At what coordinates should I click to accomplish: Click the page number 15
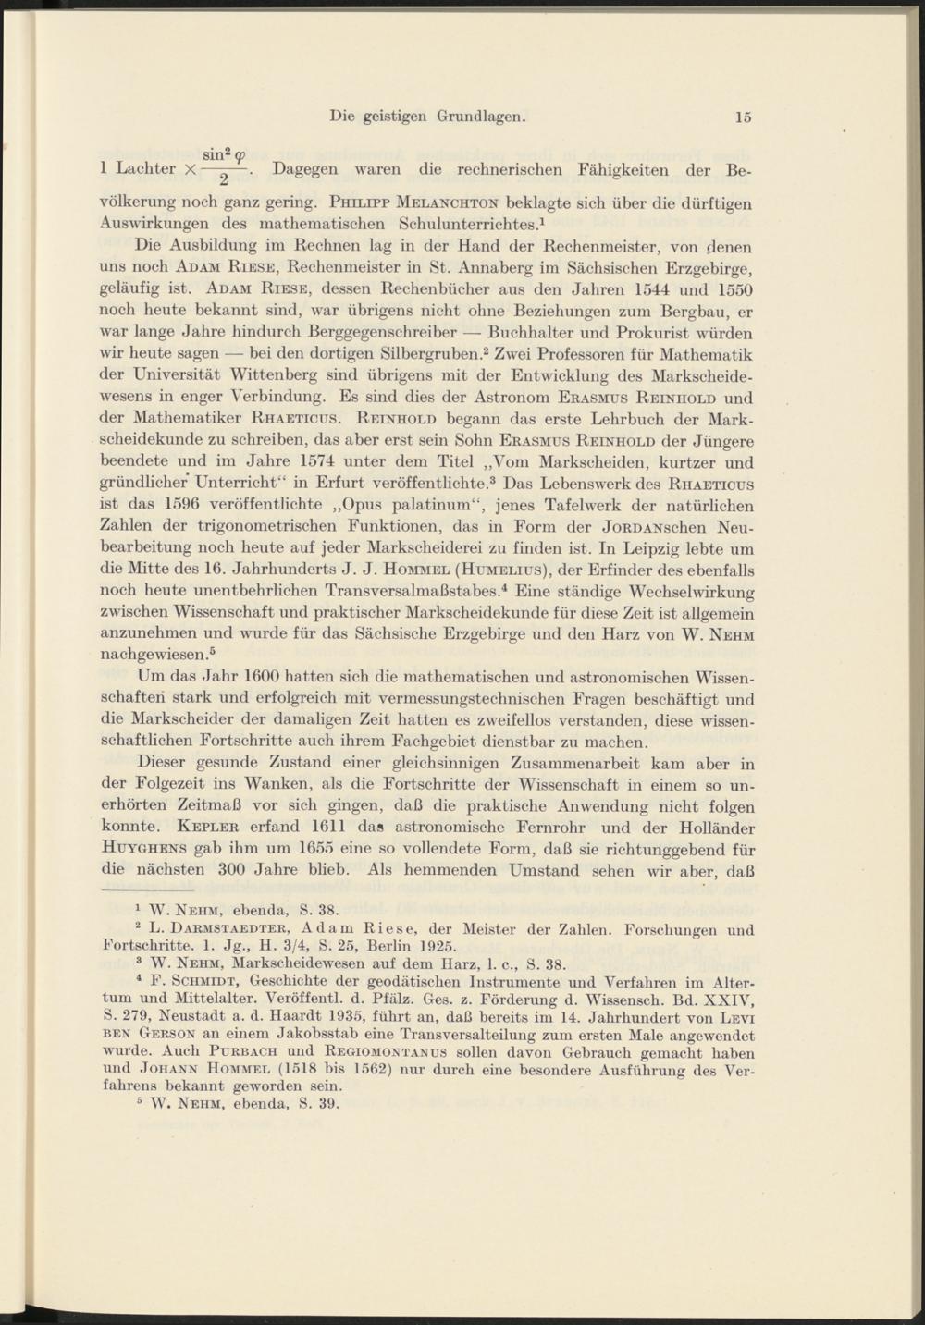(744, 117)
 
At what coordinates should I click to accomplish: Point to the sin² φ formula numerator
(223, 151)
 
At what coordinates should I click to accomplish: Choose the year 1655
(317, 849)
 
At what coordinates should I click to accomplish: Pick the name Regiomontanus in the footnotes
(395, 1052)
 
